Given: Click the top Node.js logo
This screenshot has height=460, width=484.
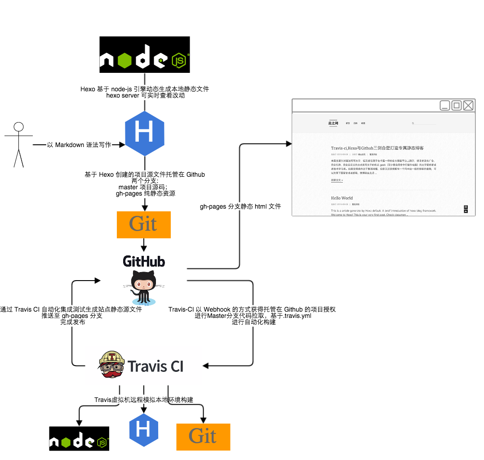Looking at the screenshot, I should (144, 54).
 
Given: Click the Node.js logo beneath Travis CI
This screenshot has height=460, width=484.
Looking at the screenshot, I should (79, 438).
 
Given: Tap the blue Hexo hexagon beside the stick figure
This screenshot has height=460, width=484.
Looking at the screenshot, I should (144, 134).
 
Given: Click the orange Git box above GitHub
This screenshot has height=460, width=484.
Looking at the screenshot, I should (144, 224).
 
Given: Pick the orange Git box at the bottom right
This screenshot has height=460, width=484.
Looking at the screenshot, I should (203, 437).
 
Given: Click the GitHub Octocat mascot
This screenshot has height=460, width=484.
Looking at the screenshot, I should (144, 286).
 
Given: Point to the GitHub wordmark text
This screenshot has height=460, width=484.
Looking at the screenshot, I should (144, 261).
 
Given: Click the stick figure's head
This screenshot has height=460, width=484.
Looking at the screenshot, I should (18, 127).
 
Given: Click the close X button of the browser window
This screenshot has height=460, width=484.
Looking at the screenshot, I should (468, 106).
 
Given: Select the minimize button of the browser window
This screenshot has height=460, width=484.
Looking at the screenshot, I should (445, 106).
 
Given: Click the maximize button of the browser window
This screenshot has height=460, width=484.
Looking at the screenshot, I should (457, 106).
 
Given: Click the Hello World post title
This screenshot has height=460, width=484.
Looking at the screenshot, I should (342, 198).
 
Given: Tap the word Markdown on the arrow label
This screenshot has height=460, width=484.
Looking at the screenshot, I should (70, 145).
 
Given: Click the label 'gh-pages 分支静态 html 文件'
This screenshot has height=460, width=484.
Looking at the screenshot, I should (240, 207).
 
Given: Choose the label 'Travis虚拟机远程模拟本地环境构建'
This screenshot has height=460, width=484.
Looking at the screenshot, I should (144, 400).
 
